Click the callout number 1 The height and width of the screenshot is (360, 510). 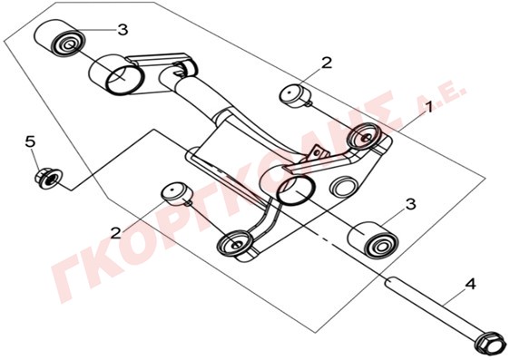point(429,107)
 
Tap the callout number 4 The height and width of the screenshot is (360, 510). point(470,284)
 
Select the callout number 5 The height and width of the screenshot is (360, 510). point(30,141)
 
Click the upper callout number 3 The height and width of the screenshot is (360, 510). point(123,30)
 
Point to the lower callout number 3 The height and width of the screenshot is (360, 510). point(410,205)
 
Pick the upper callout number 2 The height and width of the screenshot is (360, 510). point(326,63)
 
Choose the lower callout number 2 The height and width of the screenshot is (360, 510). point(116,233)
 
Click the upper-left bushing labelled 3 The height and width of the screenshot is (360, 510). point(60,38)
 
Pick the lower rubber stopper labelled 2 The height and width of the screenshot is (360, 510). point(178,194)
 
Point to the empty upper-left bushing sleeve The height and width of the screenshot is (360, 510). point(117,74)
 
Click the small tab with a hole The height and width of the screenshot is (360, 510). point(319,152)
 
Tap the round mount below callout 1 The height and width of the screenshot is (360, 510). point(364,136)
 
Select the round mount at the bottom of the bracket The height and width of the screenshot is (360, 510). point(235,244)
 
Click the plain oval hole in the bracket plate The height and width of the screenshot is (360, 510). point(342,186)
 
